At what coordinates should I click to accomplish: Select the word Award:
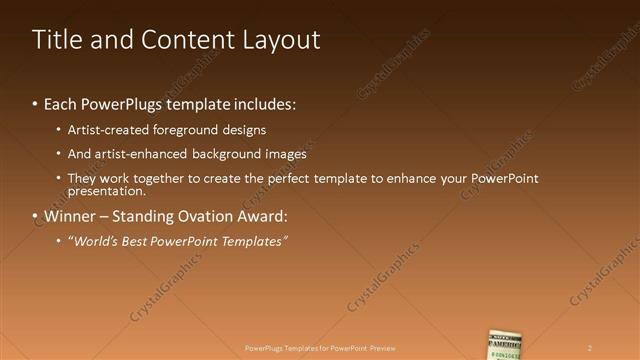262,216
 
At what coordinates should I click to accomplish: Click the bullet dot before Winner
36,217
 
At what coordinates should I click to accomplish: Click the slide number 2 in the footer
590,347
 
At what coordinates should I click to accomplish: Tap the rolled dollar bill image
505,344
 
